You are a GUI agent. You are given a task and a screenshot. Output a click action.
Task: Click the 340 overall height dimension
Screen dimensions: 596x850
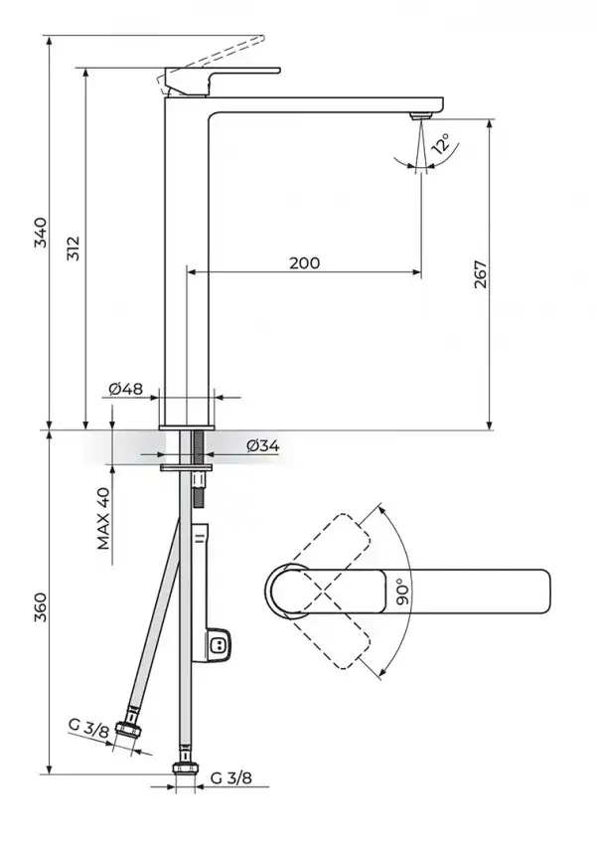tap(41, 233)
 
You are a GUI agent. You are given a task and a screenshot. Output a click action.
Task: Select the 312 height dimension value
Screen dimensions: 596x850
tap(74, 249)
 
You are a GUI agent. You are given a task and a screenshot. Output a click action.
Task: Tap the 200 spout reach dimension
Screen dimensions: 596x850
tap(305, 262)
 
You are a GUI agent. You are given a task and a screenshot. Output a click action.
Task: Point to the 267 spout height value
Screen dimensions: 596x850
tap(481, 274)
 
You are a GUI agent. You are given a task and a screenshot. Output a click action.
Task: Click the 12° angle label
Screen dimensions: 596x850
tap(440, 144)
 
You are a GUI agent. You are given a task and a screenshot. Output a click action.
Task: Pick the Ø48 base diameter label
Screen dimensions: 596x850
tap(126, 389)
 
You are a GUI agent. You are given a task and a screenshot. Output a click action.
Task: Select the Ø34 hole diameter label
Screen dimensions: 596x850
tap(263, 445)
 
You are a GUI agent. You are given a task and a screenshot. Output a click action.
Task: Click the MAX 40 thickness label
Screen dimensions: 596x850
tap(103, 519)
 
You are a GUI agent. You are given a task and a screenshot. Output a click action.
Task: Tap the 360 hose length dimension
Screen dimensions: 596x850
tap(41, 608)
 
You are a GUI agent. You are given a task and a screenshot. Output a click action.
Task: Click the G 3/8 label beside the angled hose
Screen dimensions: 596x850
tap(88, 727)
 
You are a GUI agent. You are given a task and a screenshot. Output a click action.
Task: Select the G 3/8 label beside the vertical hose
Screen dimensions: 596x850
tap(231, 778)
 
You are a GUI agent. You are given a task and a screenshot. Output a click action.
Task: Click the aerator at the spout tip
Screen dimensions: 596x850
tap(421, 115)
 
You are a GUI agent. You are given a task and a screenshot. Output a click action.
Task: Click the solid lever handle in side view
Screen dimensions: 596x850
tap(223, 81)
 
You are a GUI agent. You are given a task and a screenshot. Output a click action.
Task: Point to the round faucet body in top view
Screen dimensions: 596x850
tap(287, 591)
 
